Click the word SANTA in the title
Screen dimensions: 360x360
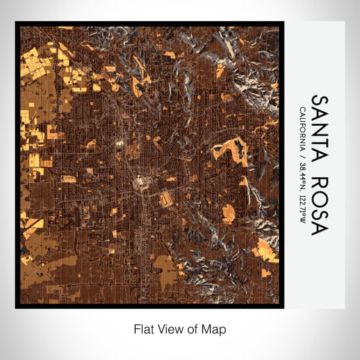(319, 127)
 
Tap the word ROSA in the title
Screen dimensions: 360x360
(319, 202)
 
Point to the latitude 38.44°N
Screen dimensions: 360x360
(302, 172)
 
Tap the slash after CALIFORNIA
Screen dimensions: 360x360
(302, 155)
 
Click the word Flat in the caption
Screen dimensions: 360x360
(145, 328)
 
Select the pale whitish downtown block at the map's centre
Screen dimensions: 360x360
(143, 185)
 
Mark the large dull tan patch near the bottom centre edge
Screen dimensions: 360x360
(166, 271)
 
